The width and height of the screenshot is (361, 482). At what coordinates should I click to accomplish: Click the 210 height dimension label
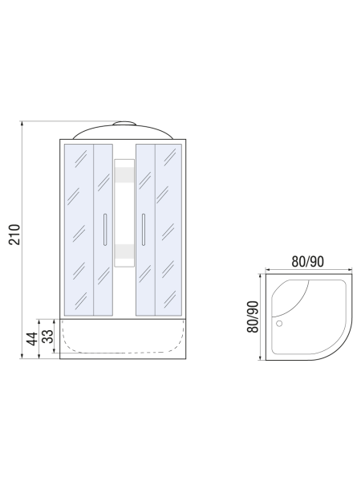[x=14, y=235]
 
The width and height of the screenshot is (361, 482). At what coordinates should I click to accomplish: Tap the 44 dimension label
[x=32, y=339]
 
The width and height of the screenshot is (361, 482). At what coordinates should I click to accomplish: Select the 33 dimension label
[x=47, y=337]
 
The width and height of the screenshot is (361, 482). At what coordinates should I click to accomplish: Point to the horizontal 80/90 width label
[x=307, y=262]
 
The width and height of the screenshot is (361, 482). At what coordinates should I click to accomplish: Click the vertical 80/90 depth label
[x=254, y=317]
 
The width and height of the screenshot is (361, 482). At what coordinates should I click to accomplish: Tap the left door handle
[x=105, y=230]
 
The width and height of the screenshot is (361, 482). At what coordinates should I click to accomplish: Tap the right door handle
[x=144, y=230]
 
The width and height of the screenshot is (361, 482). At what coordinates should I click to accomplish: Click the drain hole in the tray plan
[x=279, y=324]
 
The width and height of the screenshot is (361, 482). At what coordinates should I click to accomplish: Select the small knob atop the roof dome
[x=124, y=123]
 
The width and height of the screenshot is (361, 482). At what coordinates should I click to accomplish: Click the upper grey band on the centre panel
[x=124, y=175]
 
